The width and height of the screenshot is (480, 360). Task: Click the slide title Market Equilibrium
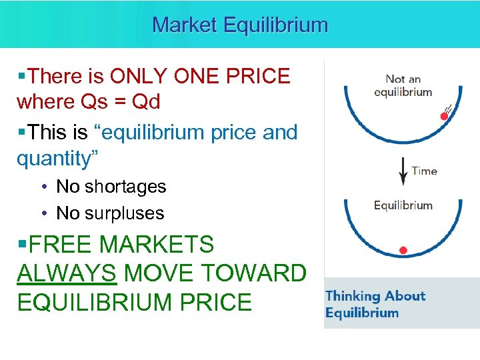(240, 25)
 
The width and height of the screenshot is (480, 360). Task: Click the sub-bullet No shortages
(111, 187)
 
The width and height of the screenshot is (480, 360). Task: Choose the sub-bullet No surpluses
(110, 213)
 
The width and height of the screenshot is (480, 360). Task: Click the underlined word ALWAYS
(68, 273)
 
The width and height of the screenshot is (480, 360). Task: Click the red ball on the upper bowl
(444, 116)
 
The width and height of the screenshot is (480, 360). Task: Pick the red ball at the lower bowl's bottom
(403, 251)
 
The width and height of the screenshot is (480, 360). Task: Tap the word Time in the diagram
(424, 171)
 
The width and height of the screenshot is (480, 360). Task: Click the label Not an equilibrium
(403, 85)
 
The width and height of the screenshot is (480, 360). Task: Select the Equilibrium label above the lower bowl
(403, 205)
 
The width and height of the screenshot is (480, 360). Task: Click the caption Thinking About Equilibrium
(375, 304)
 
